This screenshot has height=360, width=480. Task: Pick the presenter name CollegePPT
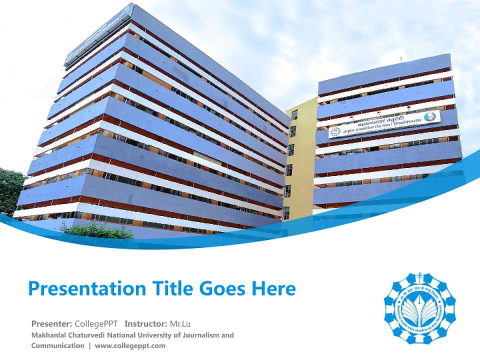click(97, 323)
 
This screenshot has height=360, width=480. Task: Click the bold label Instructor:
click(145, 323)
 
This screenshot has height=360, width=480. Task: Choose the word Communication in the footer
click(57, 345)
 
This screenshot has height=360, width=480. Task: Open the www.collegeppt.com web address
click(130, 345)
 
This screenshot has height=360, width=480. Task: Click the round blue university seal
click(419, 308)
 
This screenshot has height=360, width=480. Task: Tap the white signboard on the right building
click(384, 124)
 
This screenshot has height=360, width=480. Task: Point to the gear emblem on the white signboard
click(335, 131)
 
